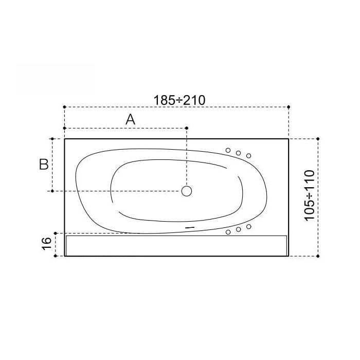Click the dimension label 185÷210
pos(179,100)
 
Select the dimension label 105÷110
pos(310,195)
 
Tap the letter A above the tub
pos(131,119)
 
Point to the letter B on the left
pos(44,164)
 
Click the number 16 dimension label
pos(47,244)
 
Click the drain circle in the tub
pos(187,191)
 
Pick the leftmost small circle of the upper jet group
pos(228,150)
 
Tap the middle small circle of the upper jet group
pos(238,153)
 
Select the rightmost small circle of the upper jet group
pos(248,156)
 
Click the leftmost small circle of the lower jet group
pos(228,232)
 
